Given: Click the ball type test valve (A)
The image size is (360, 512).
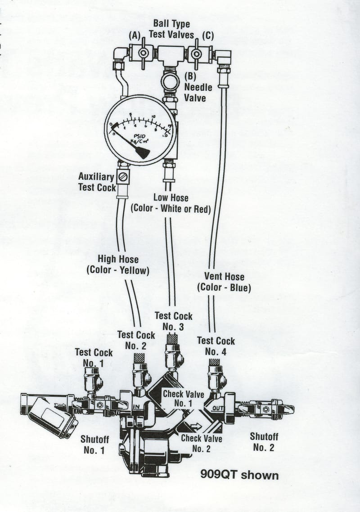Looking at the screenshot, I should (x=143, y=54).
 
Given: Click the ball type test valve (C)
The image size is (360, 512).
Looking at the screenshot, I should (x=196, y=54).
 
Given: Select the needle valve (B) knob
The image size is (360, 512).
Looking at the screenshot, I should (x=170, y=82).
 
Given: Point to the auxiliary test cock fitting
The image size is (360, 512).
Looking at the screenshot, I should (x=123, y=176).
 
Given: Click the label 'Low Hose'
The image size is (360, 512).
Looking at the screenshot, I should (x=171, y=198).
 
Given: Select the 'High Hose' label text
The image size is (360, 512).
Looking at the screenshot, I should (x=118, y=260).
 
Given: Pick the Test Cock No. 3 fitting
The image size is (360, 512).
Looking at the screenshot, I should (x=172, y=355).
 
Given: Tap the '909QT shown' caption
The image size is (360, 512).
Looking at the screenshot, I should (x=239, y=475).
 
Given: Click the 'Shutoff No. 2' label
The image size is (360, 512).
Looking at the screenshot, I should (x=264, y=442).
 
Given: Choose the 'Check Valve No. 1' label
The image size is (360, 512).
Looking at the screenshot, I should (x=183, y=399).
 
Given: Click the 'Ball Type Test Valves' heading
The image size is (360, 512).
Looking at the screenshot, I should (x=171, y=29).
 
